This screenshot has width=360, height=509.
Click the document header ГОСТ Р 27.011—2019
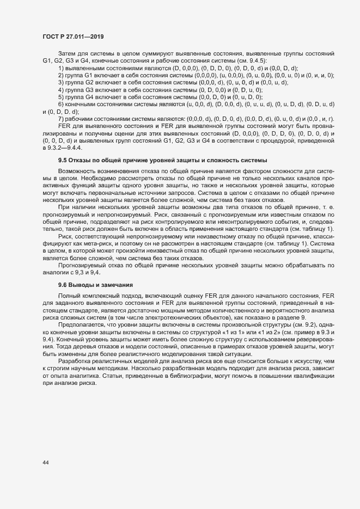(x=73, y=36)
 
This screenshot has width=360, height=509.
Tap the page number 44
(x=46, y=462)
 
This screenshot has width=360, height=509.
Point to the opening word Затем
(x=67, y=55)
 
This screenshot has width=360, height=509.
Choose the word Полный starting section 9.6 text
(x=68, y=295)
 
